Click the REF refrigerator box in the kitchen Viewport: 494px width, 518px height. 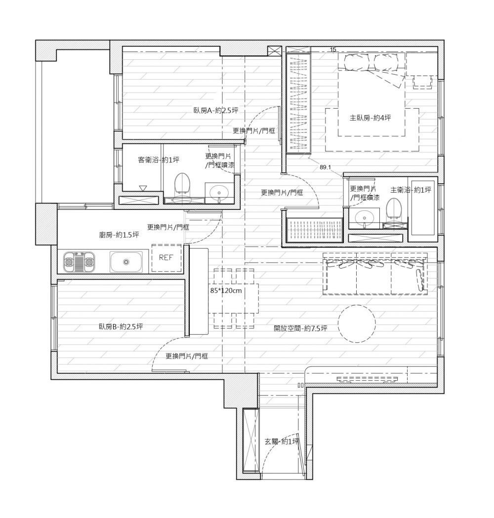coord(166,258)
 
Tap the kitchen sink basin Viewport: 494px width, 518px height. coord(126,262)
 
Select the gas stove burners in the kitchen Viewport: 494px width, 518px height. coord(80,262)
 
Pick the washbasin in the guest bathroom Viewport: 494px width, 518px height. coord(219,192)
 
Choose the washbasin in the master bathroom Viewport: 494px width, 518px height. coord(365,218)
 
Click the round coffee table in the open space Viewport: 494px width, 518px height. coord(357,323)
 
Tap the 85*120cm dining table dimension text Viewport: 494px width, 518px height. coord(226,291)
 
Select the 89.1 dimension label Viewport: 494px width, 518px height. coord(325,167)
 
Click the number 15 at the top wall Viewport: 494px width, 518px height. coord(333,49)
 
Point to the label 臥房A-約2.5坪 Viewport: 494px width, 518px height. coord(216,110)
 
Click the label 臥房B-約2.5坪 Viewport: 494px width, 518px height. coord(121,327)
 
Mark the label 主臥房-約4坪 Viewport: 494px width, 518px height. coord(370,118)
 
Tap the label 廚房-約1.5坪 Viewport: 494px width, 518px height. coord(119,235)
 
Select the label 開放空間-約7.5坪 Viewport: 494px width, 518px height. coord(300,328)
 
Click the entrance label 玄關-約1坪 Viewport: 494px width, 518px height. coord(282,441)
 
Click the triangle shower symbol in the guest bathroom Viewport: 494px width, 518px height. coord(143,189)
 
